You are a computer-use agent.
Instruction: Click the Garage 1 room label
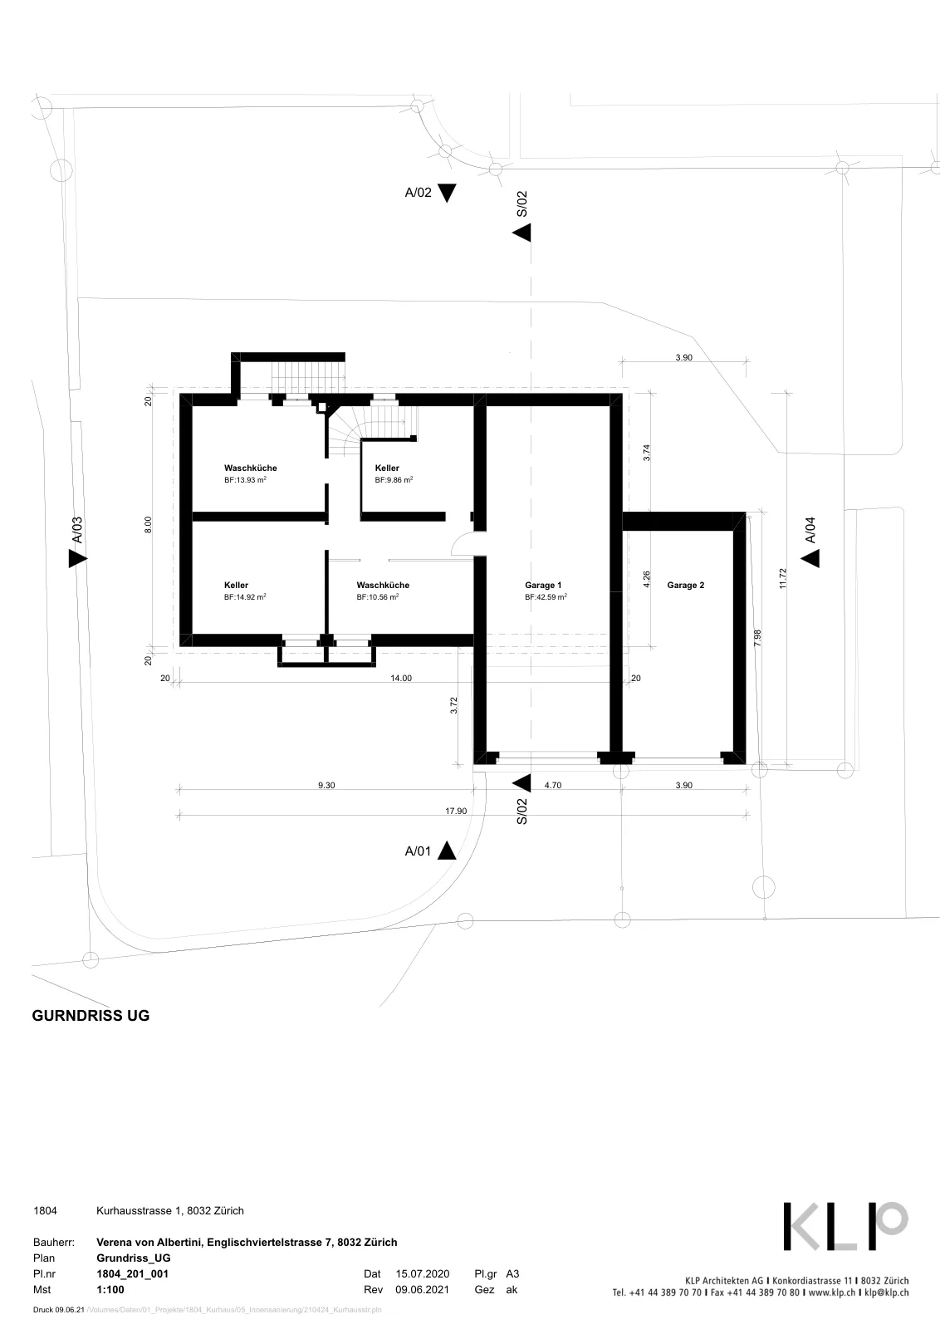pyautogui.click(x=542, y=585)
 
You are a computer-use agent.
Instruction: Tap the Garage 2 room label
pyautogui.click(x=686, y=585)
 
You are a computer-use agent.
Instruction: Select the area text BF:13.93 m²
pyautogui.click(x=245, y=480)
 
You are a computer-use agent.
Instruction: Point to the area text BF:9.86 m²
pyautogui.click(x=394, y=480)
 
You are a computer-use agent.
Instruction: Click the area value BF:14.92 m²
pyautogui.click(x=245, y=597)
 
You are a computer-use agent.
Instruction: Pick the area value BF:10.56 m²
pyautogui.click(x=377, y=597)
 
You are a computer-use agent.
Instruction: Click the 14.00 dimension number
pyautogui.click(x=401, y=678)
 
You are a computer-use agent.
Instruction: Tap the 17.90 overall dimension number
pyautogui.click(x=456, y=811)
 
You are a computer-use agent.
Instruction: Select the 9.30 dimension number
pyautogui.click(x=326, y=785)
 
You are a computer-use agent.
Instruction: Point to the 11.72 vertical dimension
pyautogui.click(x=782, y=578)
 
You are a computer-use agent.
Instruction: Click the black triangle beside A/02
pyautogui.click(x=447, y=193)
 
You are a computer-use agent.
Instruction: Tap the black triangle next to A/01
pyautogui.click(x=447, y=851)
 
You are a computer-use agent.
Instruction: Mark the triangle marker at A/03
pyautogui.click(x=78, y=558)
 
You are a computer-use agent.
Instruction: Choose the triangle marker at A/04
pyautogui.click(x=810, y=558)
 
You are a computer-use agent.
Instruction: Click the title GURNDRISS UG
pyautogui.click(x=91, y=1015)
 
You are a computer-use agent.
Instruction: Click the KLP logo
pyautogui.click(x=845, y=1226)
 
